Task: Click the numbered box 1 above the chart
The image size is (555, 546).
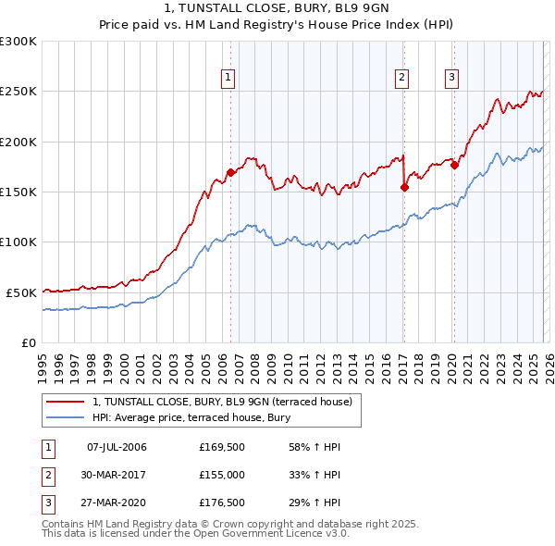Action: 228,78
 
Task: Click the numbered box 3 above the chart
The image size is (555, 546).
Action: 452,78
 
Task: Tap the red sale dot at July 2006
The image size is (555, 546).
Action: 230,172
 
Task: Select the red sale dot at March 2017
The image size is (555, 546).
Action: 404,187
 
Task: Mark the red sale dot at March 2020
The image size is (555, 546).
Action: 454,166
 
